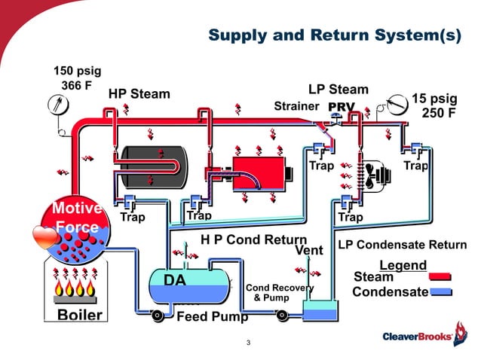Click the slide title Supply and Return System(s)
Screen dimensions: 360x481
[334, 35]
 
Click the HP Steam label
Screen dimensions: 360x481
[139, 94]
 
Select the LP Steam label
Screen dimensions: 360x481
[339, 90]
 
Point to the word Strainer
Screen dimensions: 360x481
[296, 106]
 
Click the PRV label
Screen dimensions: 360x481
[341, 106]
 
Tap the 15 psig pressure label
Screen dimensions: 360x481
[434, 99]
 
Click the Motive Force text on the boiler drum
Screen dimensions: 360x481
[76, 218]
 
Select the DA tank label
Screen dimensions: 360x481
[175, 280]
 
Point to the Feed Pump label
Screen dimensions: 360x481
[212, 317]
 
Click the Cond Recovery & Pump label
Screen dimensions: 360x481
[279, 292]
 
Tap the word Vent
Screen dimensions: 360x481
[309, 250]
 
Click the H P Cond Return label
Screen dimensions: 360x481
[253, 239]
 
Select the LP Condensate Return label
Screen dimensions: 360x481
[402, 245]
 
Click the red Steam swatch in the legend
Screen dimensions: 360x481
[440, 277]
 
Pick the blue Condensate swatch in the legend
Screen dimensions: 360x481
[440, 291]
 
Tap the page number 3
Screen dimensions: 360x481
[248, 344]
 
